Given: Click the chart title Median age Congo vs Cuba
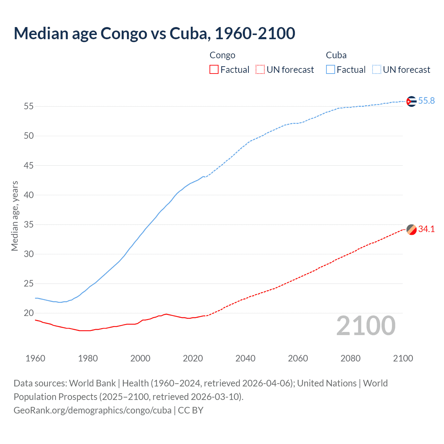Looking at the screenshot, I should tap(154, 34).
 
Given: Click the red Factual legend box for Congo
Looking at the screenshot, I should tap(214, 69).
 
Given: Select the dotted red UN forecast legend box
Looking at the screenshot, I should tap(260, 69).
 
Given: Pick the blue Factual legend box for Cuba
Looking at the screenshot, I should tap(331, 69).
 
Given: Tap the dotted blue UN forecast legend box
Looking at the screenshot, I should tap(377, 69).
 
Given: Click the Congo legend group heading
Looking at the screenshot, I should tap(222, 55).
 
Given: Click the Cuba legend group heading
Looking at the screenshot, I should tap(336, 55).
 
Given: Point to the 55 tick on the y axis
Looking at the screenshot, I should tap(29, 106).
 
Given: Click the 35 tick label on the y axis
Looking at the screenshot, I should tap(29, 224).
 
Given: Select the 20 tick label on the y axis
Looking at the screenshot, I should tap(29, 313).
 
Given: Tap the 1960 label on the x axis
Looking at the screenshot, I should tap(35, 358).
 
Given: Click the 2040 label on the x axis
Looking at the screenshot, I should tap(245, 358).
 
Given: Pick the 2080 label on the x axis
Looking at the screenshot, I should tap(350, 358).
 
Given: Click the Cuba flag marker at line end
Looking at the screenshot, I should tap(411, 101).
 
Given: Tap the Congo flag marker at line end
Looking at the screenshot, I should tap(411, 230).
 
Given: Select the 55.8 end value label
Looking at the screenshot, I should tap(426, 101).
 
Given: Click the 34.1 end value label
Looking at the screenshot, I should tap(426, 229).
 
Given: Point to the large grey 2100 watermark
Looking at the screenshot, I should tap(366, 326).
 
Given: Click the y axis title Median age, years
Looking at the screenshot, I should tap(15, 216).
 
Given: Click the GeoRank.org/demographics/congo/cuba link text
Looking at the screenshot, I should tap(93, 410).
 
